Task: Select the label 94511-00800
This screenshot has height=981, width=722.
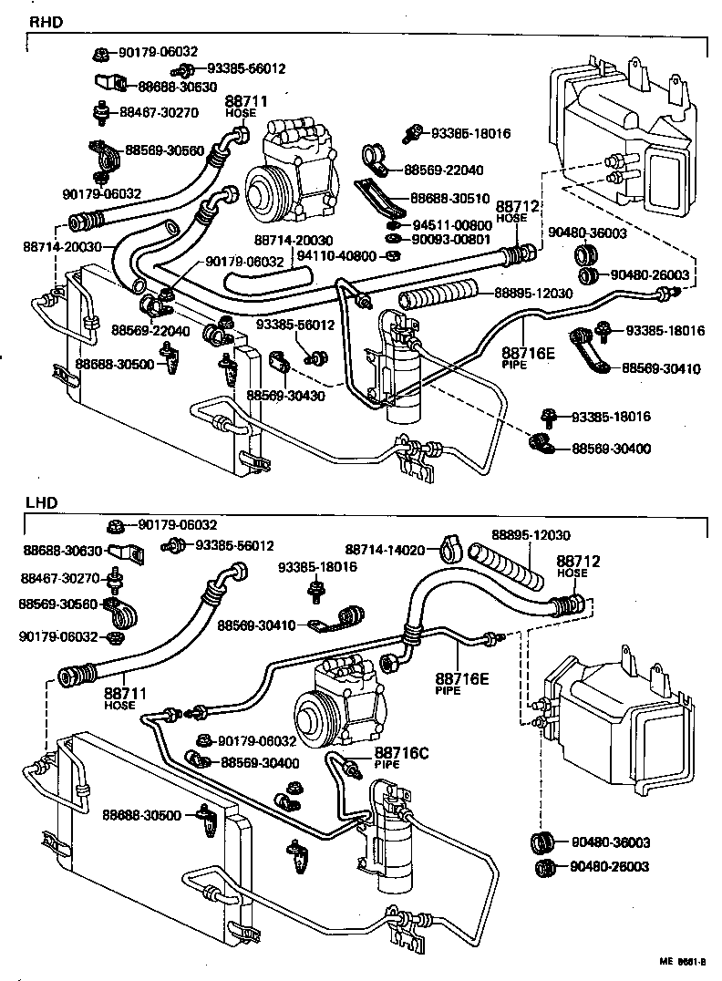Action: [x=455, y=224]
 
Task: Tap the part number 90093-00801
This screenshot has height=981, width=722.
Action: [x=455, y=240]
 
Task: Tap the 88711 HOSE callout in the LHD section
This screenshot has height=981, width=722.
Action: [x=119, y=697]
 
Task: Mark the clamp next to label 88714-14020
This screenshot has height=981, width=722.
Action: [x=448, y=548]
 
